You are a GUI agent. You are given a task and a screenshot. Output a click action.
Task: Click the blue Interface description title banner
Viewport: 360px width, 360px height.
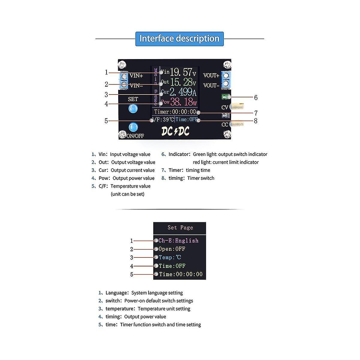[179, 39]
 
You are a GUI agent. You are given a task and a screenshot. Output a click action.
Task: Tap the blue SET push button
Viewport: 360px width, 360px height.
[133, 109]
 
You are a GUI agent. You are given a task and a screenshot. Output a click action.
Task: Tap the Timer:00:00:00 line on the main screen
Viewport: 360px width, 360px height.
[175, 112]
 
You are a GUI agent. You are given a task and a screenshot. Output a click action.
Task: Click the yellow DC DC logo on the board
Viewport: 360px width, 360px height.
[175, 131]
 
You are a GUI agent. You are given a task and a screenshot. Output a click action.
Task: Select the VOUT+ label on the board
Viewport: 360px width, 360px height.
[211, 76]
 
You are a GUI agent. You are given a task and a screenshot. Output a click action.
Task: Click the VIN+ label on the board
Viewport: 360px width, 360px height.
[136, 76]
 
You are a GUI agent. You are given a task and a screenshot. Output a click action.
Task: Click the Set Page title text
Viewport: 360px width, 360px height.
[180, 228]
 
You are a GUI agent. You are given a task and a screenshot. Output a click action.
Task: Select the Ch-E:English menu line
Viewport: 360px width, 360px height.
[178, 241]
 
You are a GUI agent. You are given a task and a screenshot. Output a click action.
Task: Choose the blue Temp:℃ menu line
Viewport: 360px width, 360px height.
[170, 257]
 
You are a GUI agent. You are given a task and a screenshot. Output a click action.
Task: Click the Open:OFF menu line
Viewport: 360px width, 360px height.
[172, 249]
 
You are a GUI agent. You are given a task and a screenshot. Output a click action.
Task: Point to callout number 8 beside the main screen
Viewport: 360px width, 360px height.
[256, 121]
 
